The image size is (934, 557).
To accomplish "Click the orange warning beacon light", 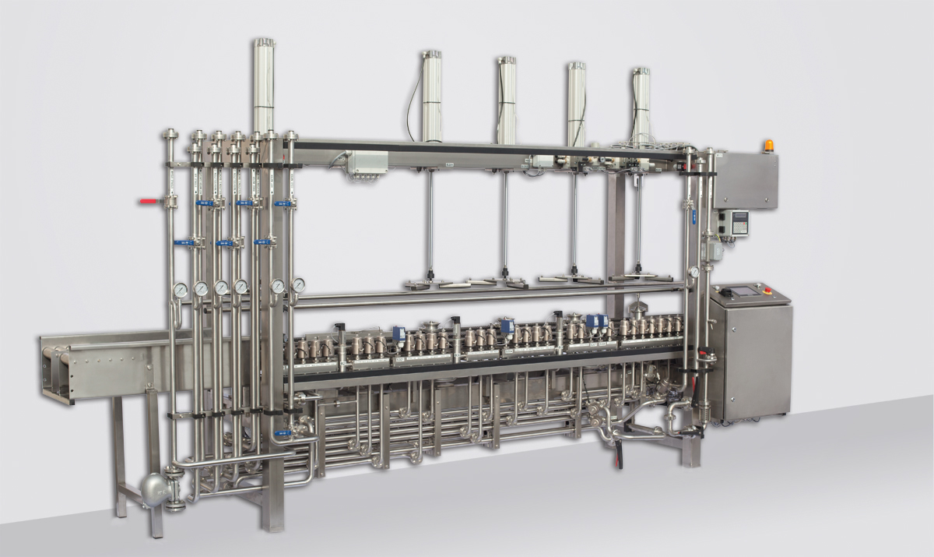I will click(769, 145).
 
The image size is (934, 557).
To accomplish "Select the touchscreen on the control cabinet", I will click(738, 294).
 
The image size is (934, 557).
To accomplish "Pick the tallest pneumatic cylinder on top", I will click(264, 86).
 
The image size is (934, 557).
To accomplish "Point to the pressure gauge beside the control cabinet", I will click(693, 273).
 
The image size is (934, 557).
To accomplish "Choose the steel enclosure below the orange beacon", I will click(745, 181).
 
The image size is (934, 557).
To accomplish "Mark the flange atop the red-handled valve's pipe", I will click(169, 135).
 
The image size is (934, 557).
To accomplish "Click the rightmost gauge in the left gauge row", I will click(298, 286).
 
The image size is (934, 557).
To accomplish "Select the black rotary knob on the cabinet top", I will click(722, 292).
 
